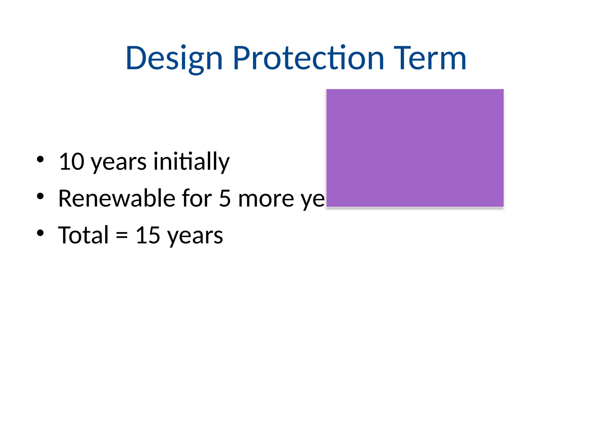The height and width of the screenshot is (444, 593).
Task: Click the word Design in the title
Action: click(174, 59)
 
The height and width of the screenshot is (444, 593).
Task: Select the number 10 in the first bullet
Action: click(72, 162)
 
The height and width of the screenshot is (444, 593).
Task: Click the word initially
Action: click(191, 162)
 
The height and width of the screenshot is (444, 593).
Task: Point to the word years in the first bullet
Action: click(119, 163)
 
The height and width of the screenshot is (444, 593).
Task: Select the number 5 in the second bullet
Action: click(225, 199)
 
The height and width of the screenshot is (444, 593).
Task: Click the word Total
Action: click(83, 235)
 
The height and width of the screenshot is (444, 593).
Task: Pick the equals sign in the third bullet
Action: click(122, 236)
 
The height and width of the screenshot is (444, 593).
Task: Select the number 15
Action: click(148, 235)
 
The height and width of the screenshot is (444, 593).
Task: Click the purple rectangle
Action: click(415, 148)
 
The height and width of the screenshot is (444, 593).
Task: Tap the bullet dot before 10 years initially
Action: click(40, 159)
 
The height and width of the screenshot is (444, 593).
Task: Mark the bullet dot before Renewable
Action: click(40, 196)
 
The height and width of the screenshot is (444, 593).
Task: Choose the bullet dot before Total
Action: click(40, 233)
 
